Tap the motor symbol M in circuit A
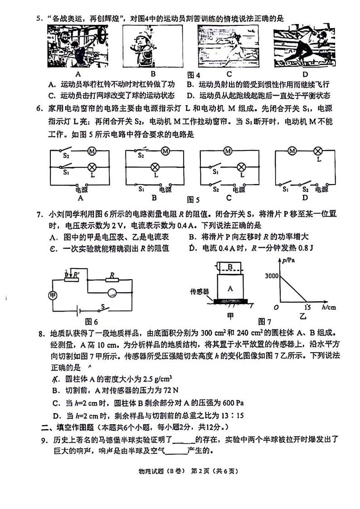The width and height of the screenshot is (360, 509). coord(90,151)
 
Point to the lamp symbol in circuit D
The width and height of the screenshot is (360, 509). coord(318,151)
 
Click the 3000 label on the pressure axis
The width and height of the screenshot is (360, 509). coord(272,276)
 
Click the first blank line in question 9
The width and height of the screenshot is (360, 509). coord(184,439)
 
